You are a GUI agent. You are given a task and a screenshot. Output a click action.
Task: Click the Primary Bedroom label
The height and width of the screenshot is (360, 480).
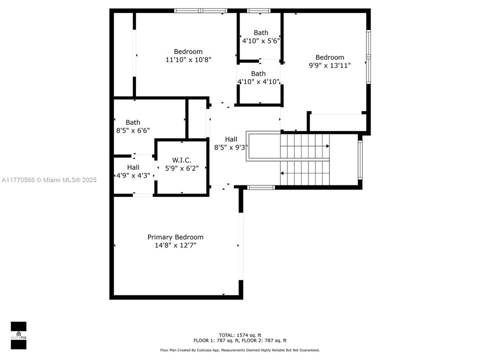click(x=175, y=237)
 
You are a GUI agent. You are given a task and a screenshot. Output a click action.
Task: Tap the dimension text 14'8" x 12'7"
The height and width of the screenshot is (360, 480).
click(x=175, y=245)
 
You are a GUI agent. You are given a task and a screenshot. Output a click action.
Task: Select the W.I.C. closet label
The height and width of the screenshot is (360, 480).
click(x=182, y=160)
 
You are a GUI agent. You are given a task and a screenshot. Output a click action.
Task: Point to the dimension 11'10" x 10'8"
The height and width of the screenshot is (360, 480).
click(x=188, y=59)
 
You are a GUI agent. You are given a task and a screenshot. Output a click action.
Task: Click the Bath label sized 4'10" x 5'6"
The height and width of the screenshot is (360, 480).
click(x=260, y=33)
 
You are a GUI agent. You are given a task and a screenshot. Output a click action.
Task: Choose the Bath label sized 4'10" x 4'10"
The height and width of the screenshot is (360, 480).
click(x=258, y=73)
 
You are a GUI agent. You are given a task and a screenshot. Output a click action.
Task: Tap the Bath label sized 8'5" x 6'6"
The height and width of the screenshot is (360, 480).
click(x=132, y=122)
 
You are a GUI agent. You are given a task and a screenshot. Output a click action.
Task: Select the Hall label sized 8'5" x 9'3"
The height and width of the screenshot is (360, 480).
click(x=231, y=139)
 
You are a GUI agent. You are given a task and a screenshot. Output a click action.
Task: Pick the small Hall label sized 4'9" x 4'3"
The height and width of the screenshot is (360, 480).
click(x=133, y=167)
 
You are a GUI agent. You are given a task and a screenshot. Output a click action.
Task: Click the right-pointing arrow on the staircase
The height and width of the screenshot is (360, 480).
click(x=327, y=146)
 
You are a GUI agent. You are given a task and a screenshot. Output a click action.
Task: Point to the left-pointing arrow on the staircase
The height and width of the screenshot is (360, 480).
click(x=282, y=173)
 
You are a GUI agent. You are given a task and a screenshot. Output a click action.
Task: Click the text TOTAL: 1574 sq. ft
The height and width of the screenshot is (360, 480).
click(x=240, y=335)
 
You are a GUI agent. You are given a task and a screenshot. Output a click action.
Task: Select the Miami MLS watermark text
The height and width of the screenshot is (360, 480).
click(x=49, y=180)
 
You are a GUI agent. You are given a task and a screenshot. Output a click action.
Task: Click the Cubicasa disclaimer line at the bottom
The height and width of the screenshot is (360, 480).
click(x=239, y=350)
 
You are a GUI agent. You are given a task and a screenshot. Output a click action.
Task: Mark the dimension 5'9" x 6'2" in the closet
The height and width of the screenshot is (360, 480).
click(x=182, y=168)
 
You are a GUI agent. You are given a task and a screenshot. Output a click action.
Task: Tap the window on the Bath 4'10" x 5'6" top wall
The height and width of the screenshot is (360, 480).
click(x=258, y=10)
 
